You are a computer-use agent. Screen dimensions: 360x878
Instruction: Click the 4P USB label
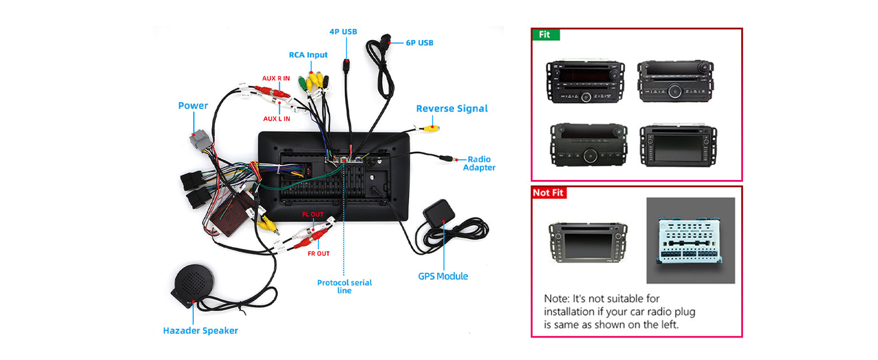(343, 31)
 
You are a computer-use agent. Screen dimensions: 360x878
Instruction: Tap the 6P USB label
(419, 43)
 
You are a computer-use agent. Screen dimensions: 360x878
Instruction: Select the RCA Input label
(308, 55)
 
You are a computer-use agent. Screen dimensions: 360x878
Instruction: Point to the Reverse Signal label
(452, 109)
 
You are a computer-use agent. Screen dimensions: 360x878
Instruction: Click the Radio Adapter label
(479, 164)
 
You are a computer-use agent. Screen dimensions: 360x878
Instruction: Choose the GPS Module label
(443, 276)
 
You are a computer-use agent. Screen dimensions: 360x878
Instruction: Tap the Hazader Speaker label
(200, 331)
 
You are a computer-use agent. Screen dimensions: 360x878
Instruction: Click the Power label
(193, 105)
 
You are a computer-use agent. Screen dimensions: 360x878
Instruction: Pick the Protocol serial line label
(344, 287)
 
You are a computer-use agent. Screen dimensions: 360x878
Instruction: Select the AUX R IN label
(276, 78)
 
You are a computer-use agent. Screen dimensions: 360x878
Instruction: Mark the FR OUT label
(319, 253)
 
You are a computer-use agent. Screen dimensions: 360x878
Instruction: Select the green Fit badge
(546, 34)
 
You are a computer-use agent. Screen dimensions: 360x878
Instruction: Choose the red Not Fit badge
(549, 193)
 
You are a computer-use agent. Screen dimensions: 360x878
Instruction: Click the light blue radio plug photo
(690, 240)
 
